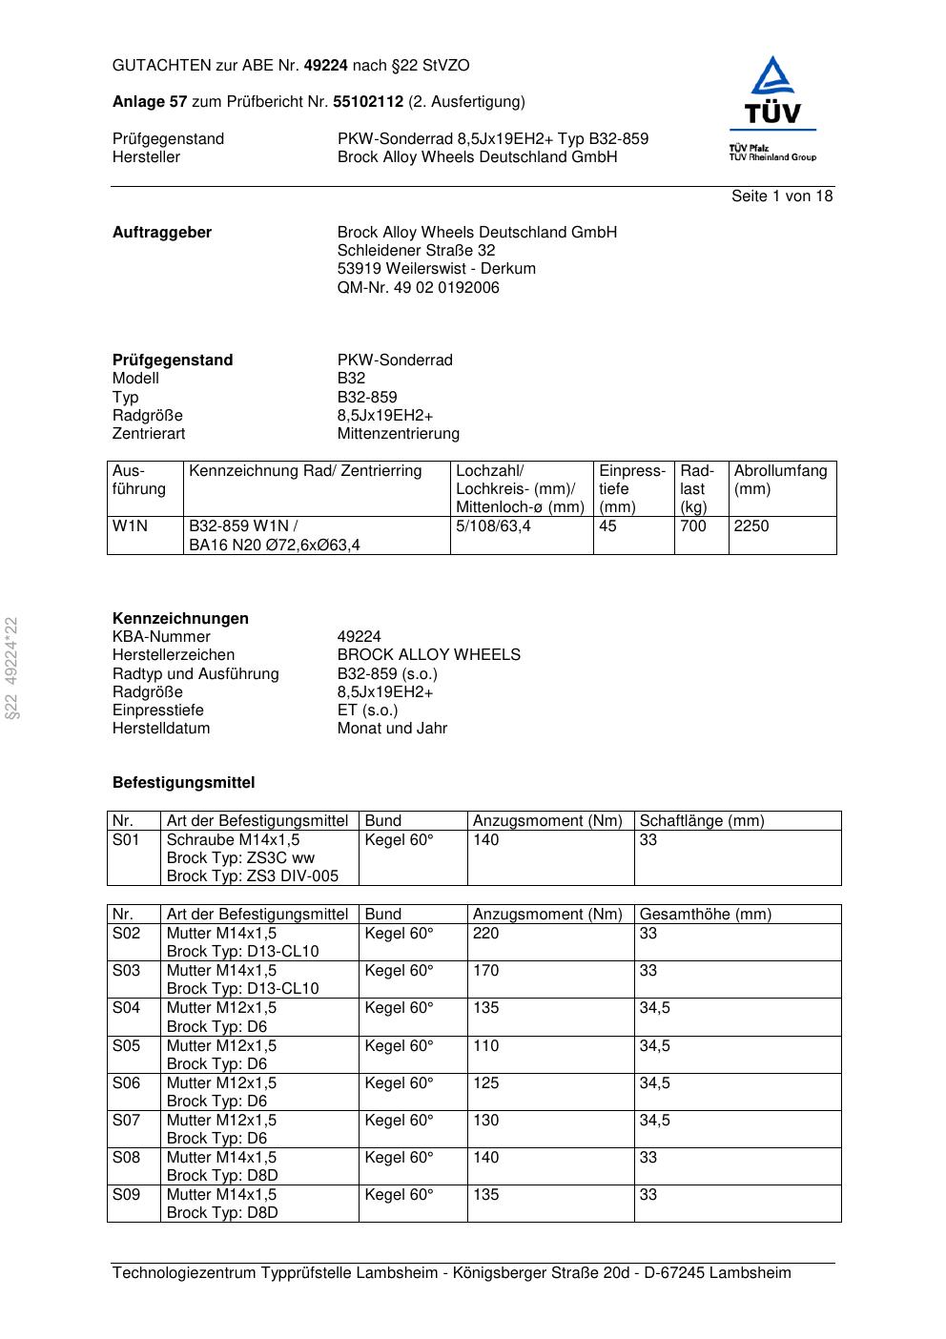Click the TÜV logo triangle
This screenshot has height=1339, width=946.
(772, 78)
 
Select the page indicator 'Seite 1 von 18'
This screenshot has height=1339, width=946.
(782, 196)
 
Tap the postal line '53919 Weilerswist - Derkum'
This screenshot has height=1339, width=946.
(436, 269)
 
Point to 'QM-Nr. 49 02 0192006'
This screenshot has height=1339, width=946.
(418, 287)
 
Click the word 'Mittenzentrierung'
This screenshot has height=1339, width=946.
(398, 434)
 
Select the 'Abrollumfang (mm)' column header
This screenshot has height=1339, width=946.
(780, 480)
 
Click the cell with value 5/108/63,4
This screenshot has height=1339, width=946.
(493, 526)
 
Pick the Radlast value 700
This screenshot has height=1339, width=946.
(693, 526)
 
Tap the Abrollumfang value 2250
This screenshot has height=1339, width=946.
(751, 526)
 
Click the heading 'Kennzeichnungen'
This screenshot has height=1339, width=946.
(180, 619)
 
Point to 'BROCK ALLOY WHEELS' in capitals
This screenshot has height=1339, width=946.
(428, 655)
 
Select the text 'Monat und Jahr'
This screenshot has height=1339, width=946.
(392, 729)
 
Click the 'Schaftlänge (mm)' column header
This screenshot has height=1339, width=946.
(701, 821)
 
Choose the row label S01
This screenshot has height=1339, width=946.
(126, 840)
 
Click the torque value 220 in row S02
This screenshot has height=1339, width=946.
(485, 934)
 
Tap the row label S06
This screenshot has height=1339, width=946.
(126, 1083)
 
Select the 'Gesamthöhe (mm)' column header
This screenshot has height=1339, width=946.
(705, 915)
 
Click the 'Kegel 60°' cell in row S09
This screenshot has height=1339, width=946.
(399, 1195)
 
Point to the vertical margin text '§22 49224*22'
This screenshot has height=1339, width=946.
(11, 668)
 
